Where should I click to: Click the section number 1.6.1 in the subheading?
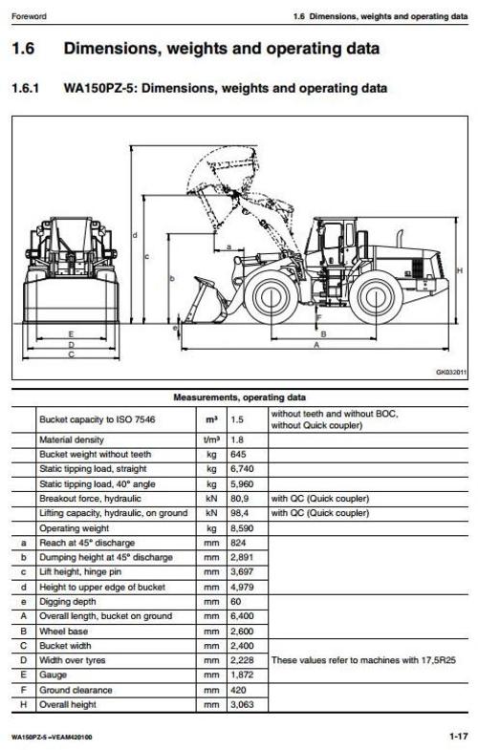point(28,89)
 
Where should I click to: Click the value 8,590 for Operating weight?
point(242,527)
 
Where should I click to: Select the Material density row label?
point(76,439)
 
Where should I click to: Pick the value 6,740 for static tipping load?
point(242,469)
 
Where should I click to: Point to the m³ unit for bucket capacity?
point(210,418)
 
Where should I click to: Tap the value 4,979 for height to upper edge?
point(242,586)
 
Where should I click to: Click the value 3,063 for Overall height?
point(242,704)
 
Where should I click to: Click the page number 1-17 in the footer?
point(457,737)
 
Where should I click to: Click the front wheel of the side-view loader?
point(269,296)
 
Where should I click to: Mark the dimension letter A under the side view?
point(316,346)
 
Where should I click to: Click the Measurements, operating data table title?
point(239,396)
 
